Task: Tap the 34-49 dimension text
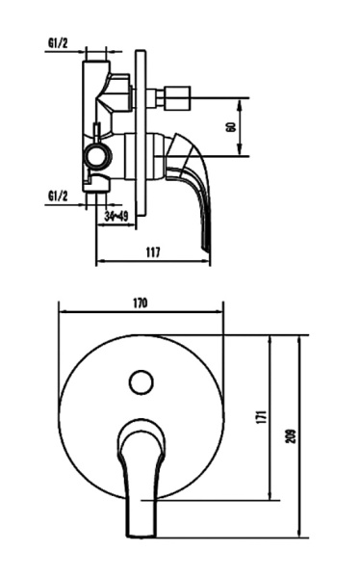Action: click(117, 219)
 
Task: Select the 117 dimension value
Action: click(151, 251)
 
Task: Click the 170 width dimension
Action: click(140, 302)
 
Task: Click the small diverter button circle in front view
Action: click(141, 381)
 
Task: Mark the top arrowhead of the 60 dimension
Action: click(241, 100)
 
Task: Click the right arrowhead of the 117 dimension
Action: click(209, 261)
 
